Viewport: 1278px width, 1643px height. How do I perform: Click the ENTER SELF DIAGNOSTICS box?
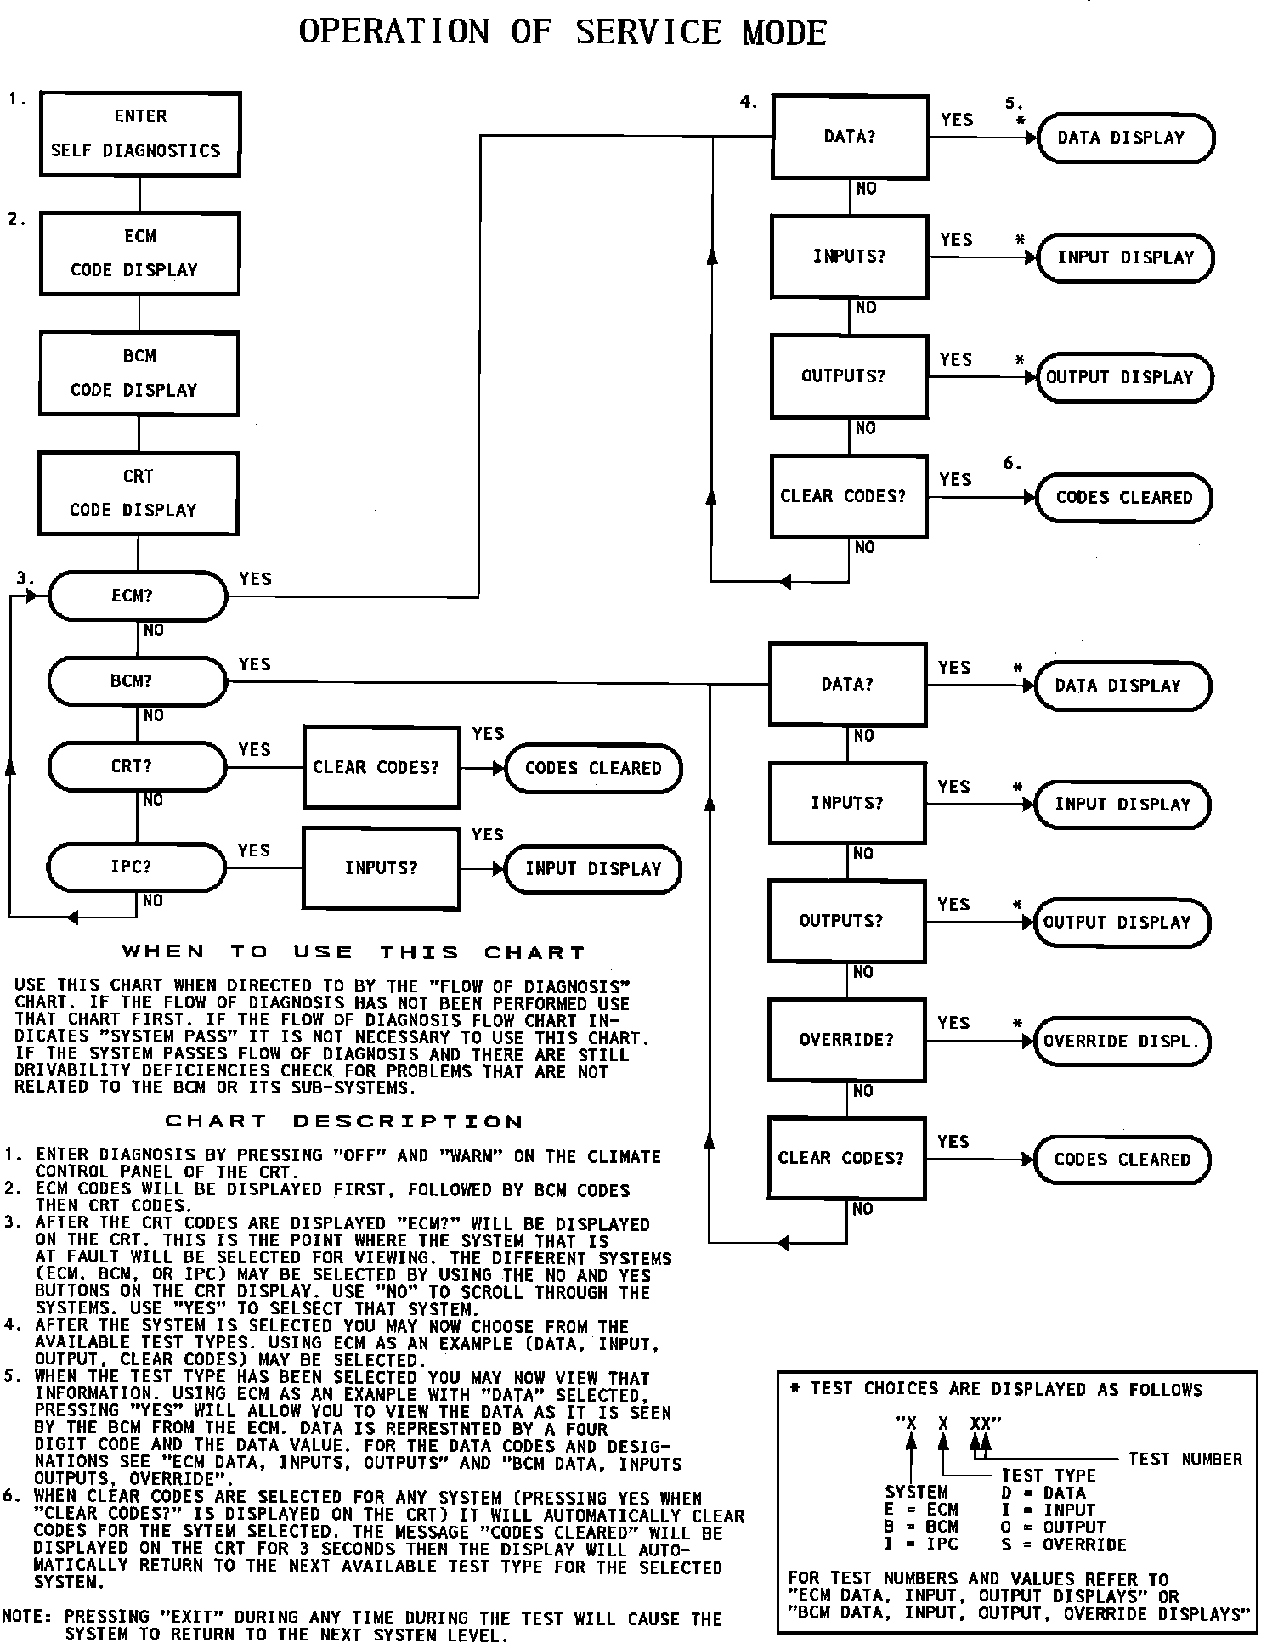(140, 134)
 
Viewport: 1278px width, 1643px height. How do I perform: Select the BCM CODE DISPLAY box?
(139, 374)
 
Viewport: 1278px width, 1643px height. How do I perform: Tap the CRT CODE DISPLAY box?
(139, 494)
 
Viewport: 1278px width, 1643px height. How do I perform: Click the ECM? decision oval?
(138, 596)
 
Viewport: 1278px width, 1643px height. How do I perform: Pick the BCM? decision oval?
(138, 681)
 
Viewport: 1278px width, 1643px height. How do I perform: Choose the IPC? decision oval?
(137, 867)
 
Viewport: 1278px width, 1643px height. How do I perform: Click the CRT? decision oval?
(137, 766)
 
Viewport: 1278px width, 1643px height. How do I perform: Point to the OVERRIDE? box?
(846, 1040)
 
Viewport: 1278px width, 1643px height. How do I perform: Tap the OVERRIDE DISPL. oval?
(1122, 1042)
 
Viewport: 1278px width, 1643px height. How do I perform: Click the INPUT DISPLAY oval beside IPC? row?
(593, 869)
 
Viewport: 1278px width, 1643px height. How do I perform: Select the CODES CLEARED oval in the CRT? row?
(593, 768)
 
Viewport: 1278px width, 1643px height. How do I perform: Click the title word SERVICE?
(648, 33)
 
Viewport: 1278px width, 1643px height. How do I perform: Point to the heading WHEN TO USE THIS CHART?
(354, 952)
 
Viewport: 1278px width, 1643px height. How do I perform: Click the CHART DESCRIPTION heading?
(344, 1121)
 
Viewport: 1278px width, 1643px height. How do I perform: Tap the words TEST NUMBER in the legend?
(1185, 1460)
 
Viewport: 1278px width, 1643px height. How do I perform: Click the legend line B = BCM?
(922, 1527)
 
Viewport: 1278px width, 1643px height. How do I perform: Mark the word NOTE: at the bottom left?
(28, 1617)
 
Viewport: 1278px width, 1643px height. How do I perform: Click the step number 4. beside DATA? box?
(749, 102)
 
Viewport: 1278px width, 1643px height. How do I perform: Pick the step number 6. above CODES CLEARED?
(1012, 463)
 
